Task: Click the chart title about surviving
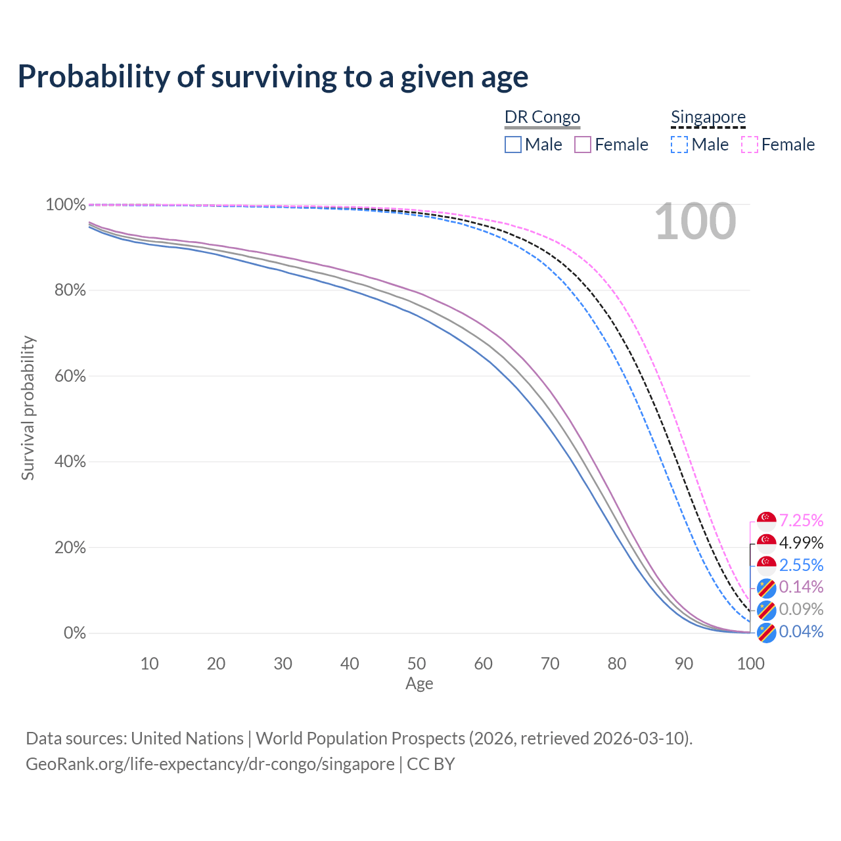273,77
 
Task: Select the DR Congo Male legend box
513,145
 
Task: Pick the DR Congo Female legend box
583,145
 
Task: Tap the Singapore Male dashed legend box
679,145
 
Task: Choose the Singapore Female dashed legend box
750,145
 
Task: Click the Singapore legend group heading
708,117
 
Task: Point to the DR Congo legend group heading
542,117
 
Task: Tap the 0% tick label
74,633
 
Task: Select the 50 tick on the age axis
417,664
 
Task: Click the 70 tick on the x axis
550,664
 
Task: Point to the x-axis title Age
419,684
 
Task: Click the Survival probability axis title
28,408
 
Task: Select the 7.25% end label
801,520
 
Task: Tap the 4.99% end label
801,543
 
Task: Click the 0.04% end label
801,632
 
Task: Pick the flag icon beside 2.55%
766,565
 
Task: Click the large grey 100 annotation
695,222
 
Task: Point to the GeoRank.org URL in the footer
210,764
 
